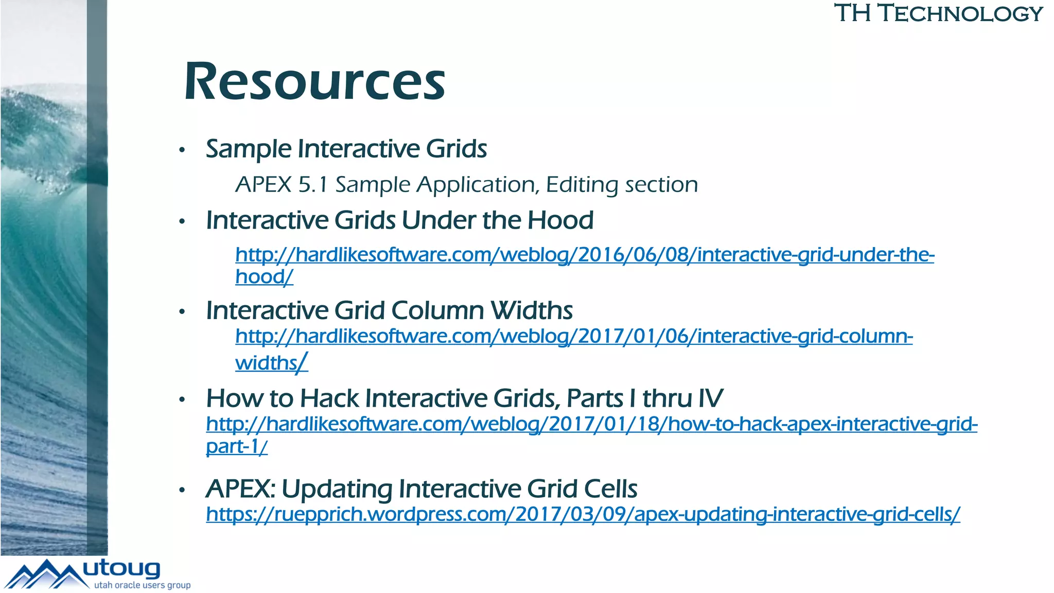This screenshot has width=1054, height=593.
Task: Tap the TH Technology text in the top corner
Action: tap(938, 13)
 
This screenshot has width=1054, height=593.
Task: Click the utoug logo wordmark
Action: tap(121, 569)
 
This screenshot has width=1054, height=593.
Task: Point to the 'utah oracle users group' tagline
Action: tap(142, 585)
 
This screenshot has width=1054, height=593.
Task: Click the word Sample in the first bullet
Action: tap(249, 149)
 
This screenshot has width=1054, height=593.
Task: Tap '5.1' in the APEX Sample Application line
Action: tap(313, 185)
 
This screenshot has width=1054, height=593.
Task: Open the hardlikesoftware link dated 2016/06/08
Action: tap(584, 255)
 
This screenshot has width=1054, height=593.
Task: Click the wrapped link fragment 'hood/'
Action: tap(264, 277)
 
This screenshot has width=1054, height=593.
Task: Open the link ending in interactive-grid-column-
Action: tap(574, 337)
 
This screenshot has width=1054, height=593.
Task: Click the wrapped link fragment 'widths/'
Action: tap(271, 363)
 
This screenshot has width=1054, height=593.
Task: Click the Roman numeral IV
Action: tap(710, 398)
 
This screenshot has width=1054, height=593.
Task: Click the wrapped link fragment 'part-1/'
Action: tap(237, 446)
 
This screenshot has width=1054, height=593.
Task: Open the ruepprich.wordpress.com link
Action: tap(583, 514)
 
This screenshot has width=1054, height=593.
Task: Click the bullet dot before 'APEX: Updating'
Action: tap(182, 490)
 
